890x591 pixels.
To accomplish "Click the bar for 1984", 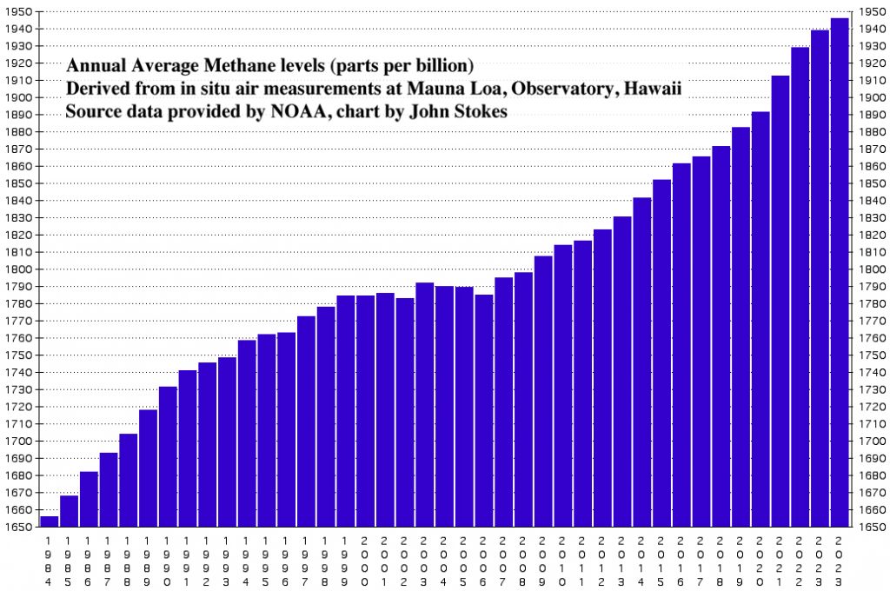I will click(50, 521).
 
